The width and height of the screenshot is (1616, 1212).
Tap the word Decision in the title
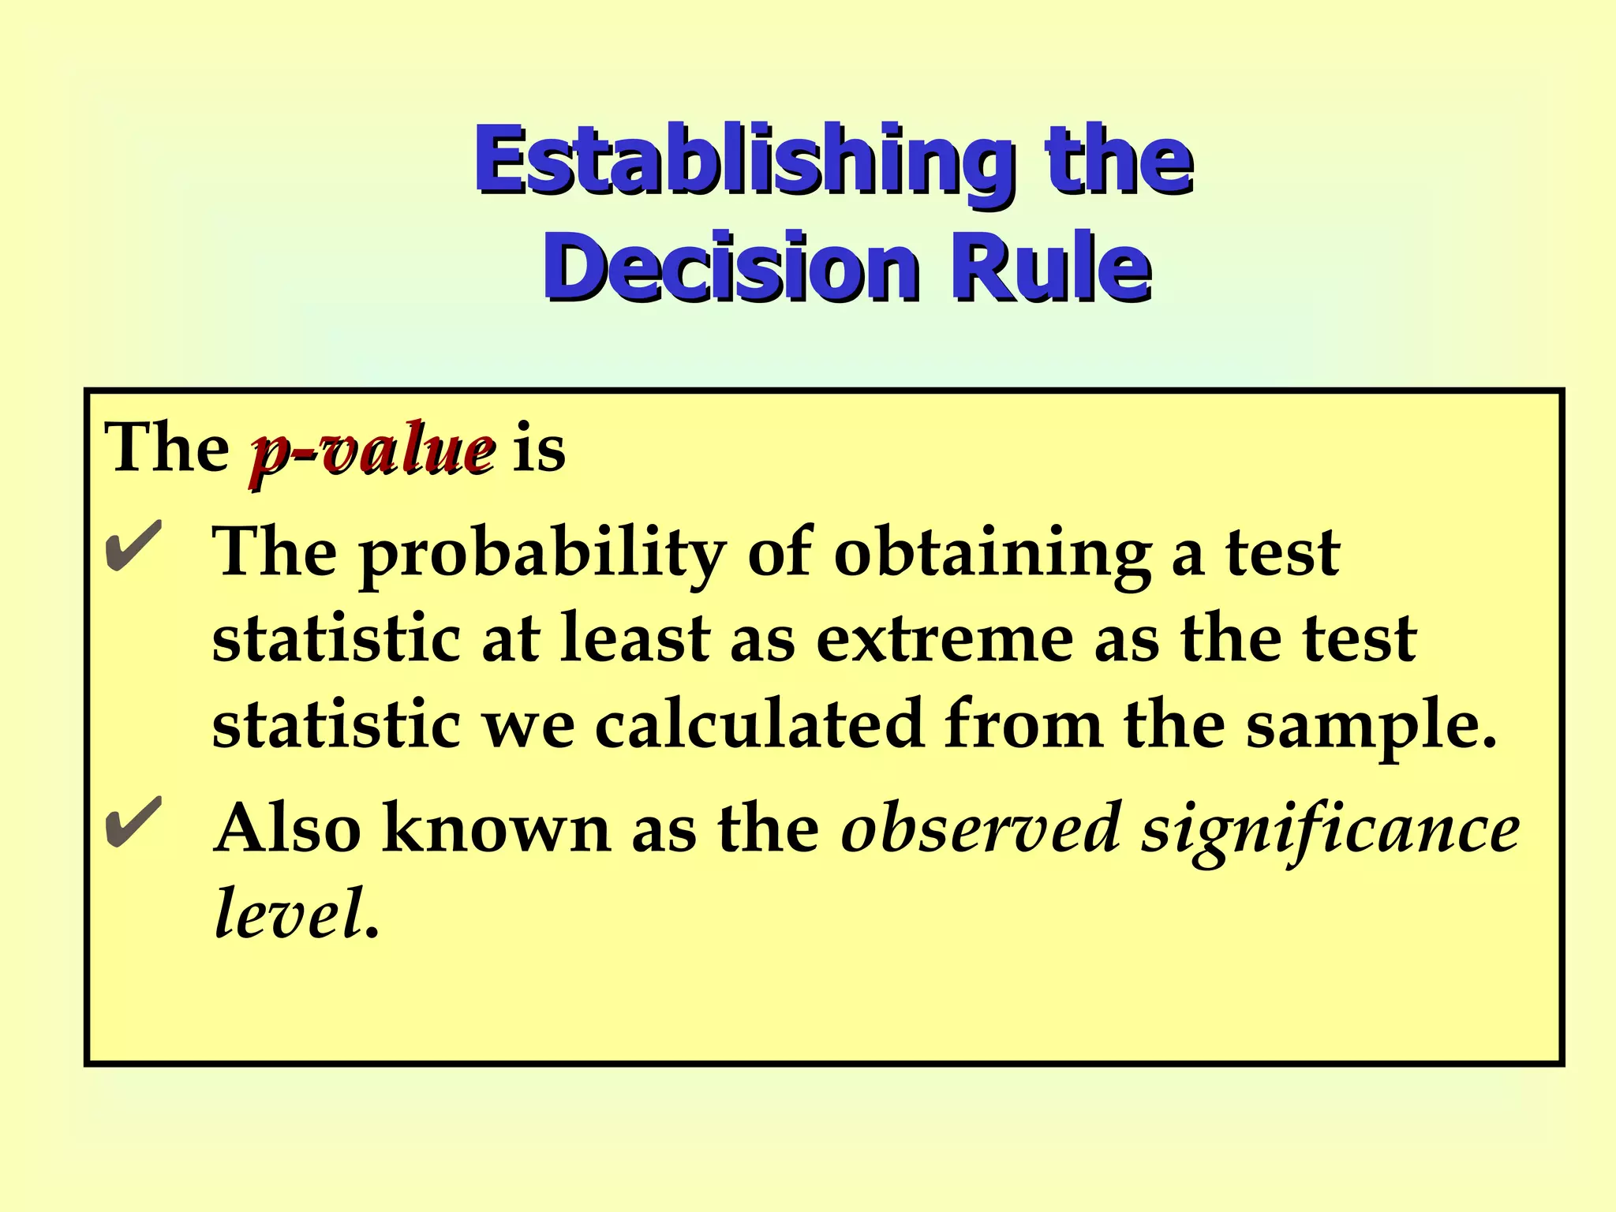pos(730,268)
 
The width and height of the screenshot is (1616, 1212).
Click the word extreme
pos(944,639)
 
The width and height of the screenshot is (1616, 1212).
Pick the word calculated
pos(758,724)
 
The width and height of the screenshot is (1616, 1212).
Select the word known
pos(496,829)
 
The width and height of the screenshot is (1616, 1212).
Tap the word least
pos(635,639)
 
